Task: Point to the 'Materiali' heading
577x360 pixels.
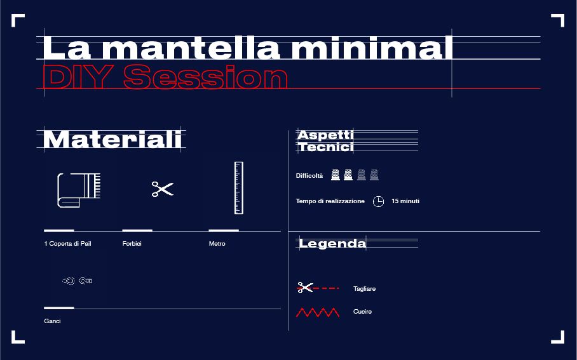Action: (112, 139)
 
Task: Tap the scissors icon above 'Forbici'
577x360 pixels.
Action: (163, 189)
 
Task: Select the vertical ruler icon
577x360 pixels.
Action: (239, 188)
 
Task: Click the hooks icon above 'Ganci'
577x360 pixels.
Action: (78, 281)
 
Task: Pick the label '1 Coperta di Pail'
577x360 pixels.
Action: (68, 243)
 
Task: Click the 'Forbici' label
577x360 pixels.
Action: (132, 243)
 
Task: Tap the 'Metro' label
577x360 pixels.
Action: (217, 243)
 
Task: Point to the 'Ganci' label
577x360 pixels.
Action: (52, 321)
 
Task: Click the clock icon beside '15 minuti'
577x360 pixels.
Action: (378, 201)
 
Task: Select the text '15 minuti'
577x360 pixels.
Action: (405, 201)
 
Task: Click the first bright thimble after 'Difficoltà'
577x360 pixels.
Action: (336, 175)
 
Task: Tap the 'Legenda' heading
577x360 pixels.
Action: (332, 243)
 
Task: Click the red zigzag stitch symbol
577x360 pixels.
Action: (318, 312)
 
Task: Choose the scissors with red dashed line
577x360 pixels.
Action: (318, 288)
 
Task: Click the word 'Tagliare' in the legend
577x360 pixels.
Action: (364, 289)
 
